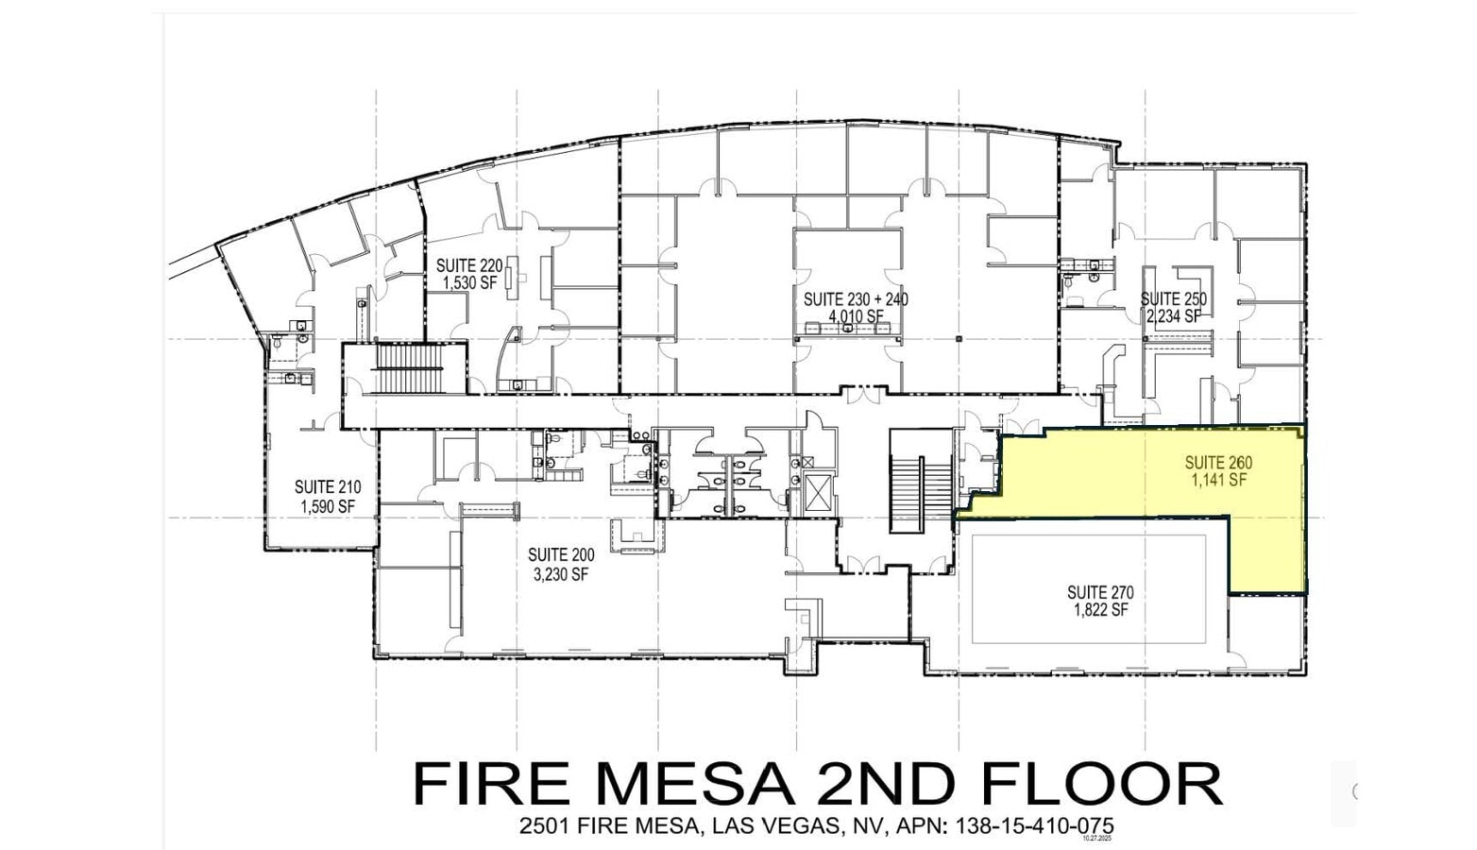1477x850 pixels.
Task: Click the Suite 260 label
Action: [x=1218, y=463]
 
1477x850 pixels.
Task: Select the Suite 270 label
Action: [x=1100, y=592]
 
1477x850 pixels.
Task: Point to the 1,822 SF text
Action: [x=1100, y=610]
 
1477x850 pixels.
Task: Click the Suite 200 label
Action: [x=561, y=555]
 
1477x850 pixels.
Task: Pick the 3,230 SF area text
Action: [x=561, y=573]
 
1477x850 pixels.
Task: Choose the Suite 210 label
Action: [x=327, y=487]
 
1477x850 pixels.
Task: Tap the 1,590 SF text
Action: [x=327, y=506]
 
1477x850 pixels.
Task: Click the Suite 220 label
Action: [x=468, y=266]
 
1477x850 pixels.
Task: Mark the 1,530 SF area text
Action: [x=468, y=283]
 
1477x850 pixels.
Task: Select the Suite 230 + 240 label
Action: [x=856, y=299]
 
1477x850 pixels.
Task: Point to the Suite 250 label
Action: [x=1173, y=299]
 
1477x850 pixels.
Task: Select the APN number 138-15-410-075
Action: [x=1036, y=826]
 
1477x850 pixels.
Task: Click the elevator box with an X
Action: [x=814, y=493]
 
